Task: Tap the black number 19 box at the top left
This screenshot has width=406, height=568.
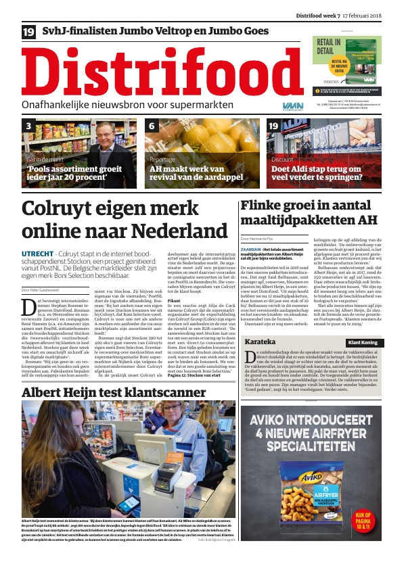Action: click(x=29, y=31)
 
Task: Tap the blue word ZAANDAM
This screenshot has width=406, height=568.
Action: click(x=254, y=249)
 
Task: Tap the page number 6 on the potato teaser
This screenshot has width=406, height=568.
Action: click(x=152, y=126)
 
